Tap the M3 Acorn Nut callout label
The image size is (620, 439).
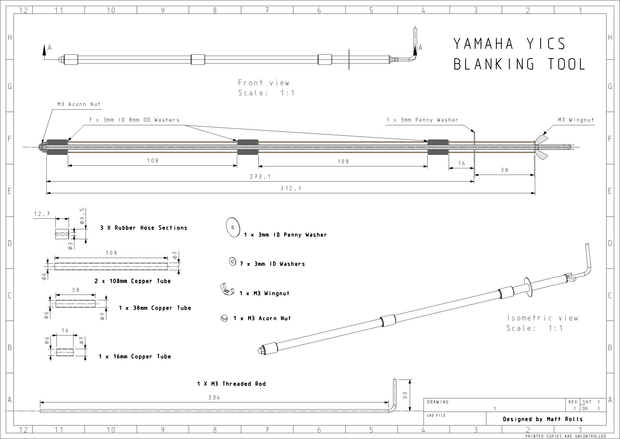coord(79,104)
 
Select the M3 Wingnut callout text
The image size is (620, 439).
coord(576,120)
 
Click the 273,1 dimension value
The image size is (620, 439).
coord(260,177)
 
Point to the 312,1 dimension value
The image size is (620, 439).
coord(291,188)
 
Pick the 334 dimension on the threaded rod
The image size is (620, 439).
coord(214,398)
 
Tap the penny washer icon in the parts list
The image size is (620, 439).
coord(233,227)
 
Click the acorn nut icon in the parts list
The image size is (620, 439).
coord(224,318)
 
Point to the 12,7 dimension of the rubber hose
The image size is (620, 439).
coord(42,214)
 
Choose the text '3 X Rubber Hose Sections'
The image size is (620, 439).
coord(144,228)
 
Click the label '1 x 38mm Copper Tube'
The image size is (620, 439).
coord(155,308)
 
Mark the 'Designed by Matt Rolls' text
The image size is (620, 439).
coord(543,419)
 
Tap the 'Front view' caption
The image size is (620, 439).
coord(263,83)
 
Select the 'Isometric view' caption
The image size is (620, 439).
coord(543,318)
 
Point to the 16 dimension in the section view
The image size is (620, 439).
coord(461,163)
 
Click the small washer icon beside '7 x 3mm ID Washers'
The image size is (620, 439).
coord(232,262)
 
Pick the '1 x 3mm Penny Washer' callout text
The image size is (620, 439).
coord(422,120)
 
